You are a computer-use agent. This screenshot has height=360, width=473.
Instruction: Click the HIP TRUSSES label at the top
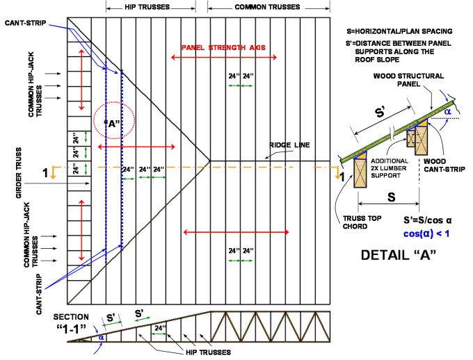[150, 6]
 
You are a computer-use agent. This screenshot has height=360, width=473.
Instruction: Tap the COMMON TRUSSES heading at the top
[255, 6]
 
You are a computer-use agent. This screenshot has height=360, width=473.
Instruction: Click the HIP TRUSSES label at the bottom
[208, 352]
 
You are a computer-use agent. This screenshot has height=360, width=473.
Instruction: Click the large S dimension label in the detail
[391, 197]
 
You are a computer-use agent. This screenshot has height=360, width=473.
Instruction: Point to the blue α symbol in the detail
[449, 110]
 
